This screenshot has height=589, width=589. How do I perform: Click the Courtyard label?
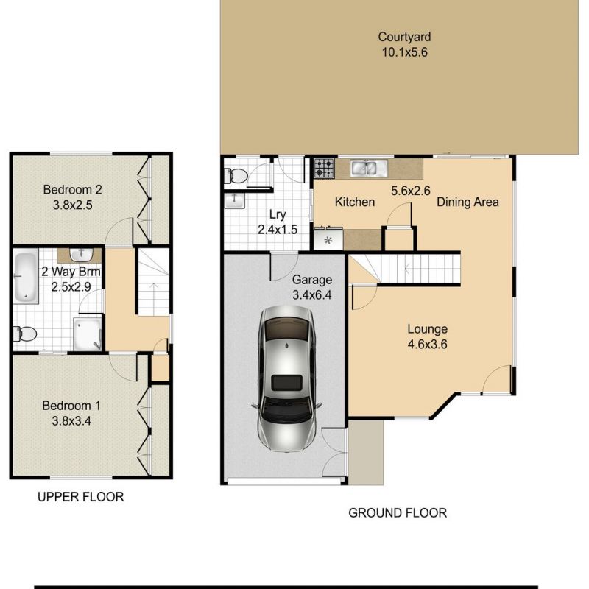403,37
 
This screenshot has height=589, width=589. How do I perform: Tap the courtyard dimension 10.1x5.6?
403,52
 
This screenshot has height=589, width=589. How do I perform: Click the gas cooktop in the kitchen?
325,169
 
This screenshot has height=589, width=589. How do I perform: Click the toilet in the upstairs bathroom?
26,334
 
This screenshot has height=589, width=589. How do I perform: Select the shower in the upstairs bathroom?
87,334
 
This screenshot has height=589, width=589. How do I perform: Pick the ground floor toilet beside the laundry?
237,176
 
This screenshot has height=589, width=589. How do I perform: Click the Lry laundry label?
277,215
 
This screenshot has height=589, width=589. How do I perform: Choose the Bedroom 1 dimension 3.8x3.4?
71,421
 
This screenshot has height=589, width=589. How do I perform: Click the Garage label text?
312,280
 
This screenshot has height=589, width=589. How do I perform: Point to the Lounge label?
428,329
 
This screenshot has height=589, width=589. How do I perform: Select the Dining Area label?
468,202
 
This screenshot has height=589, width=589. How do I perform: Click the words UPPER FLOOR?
80,497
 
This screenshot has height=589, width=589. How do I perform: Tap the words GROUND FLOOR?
398,513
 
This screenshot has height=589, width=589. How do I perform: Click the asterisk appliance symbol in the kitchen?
328,240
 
